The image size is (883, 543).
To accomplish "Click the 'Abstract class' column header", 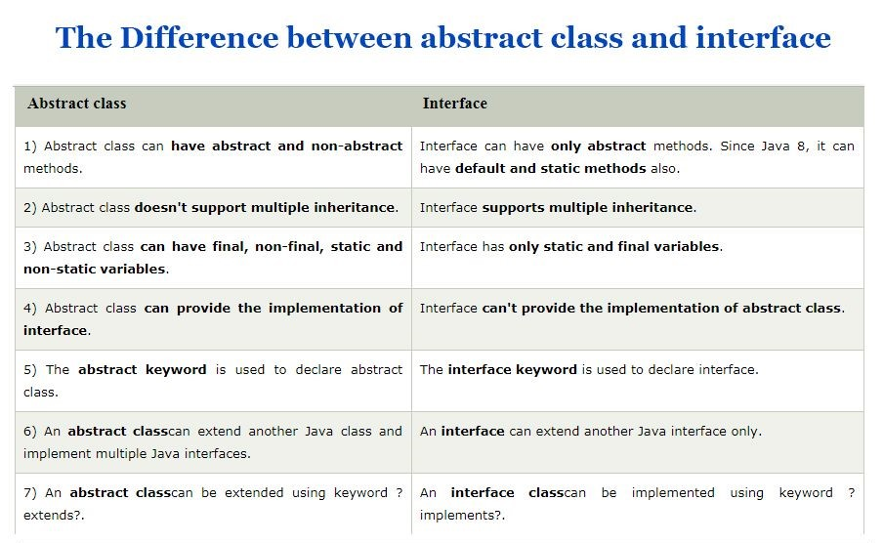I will click(77, 103).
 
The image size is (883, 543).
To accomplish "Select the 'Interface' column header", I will click(454, 103).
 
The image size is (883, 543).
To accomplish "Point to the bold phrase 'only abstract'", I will click(598, 146).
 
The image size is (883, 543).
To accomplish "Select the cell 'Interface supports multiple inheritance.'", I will click(558, 207).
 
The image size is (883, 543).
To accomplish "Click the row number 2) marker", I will click(29, 207).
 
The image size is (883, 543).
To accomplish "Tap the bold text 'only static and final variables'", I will click(614, 246).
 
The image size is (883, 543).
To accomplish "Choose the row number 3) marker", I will click(30, 246).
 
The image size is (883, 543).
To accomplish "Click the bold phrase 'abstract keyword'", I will click(142, 369).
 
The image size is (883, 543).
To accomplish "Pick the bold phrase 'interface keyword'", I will click(512, 369).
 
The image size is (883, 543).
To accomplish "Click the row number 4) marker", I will click(30, 308).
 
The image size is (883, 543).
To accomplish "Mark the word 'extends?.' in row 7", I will click(55, 515).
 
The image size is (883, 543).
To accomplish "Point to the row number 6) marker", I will click(30, 431).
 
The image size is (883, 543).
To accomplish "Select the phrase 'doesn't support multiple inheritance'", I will click(266, 207).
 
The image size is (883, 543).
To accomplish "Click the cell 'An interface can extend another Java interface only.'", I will click(590, 431).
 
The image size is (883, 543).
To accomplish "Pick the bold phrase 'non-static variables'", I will click(94, 269).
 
